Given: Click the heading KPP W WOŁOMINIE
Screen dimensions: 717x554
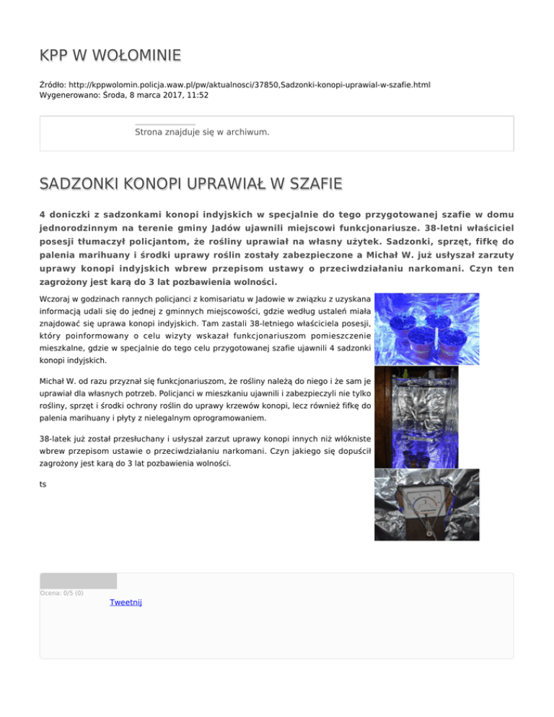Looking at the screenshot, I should tap(110, 56).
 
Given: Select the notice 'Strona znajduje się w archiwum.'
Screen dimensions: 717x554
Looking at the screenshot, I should tap(201, 132).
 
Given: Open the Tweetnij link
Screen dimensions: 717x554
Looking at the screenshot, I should tap(126, 602).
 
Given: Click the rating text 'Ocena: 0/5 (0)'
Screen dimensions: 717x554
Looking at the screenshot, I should tap(61, 593).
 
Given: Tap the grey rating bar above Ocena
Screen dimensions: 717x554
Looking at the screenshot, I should tap(78, 581).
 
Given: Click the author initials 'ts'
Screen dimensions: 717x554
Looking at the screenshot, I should tap(43, 484).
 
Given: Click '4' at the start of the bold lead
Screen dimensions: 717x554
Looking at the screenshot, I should tap(43, 214).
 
